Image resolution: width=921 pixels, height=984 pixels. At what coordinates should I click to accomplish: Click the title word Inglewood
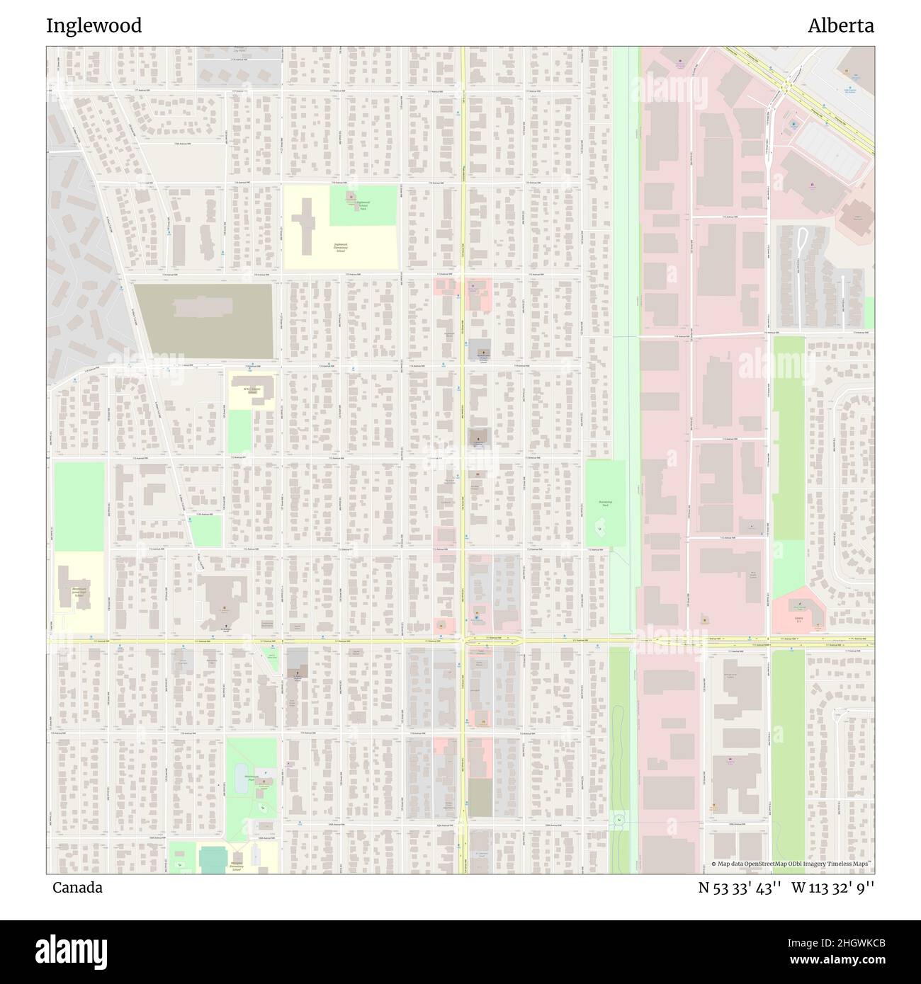point(94,26)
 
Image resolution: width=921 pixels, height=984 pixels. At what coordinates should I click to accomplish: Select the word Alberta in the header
point(841,26)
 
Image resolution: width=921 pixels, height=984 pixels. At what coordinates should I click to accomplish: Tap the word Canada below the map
point(77,888)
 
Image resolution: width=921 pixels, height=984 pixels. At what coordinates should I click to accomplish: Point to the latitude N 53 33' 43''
point(740,888)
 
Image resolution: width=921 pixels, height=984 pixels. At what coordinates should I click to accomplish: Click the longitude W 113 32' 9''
point(832,888)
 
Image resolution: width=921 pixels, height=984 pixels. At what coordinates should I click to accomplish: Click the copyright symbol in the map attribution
point(714,864)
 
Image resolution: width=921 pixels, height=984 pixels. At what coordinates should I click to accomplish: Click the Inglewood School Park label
point(362,205)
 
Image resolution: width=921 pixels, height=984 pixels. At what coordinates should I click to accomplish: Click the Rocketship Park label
point(605,503)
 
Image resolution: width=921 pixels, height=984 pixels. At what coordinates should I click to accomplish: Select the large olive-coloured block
point(204,321)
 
